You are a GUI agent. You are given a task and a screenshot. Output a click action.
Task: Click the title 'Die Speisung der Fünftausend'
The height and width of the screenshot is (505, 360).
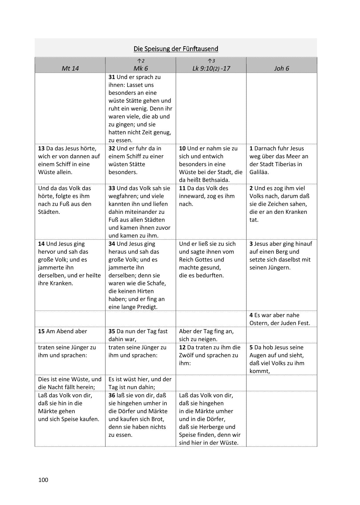click(176, 49)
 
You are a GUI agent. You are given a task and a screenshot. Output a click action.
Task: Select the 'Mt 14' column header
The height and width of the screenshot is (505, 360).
click(70, 68)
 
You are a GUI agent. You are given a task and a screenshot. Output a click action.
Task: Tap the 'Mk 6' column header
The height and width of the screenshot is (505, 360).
click(141, 68)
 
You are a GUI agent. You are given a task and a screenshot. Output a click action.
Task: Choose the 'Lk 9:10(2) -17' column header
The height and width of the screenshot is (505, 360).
click(211, 68)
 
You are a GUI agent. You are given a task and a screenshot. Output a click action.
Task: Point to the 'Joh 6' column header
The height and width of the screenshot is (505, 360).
click(281, 68)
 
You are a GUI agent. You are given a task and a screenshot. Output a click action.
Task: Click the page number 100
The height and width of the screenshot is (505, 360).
click(43, 480)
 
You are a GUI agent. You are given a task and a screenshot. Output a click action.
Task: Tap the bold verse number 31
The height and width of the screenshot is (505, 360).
click(112, 77)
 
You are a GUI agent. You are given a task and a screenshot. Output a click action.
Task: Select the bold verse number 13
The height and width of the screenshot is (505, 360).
click(41, 149)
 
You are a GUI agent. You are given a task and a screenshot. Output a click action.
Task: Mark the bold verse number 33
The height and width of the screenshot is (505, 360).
click(112, 188)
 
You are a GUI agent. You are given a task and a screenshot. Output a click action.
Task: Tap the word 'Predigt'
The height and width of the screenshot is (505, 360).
click(148, 307)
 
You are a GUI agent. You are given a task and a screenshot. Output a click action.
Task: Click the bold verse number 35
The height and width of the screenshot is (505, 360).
click(112, 331)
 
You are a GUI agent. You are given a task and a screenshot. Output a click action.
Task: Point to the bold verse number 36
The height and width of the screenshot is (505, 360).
click(112, 396)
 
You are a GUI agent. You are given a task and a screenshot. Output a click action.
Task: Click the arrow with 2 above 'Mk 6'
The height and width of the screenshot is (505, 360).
click(141, 61)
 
